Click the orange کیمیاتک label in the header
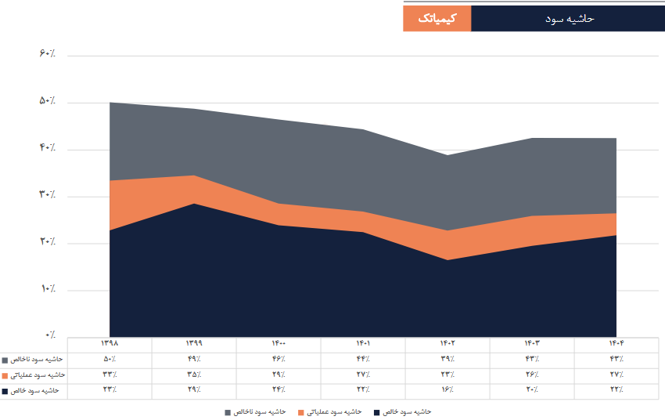point(437,18)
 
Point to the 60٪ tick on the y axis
point(46,54)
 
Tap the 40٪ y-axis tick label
point(46,148)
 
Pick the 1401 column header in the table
point(363,344)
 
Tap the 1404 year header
point(616,344)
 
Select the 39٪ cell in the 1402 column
point(448,360)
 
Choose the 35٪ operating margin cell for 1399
point(193,375)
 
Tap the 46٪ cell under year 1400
point(279,360)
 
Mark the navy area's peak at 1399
point(194,204)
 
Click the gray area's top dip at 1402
point(448,154)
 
